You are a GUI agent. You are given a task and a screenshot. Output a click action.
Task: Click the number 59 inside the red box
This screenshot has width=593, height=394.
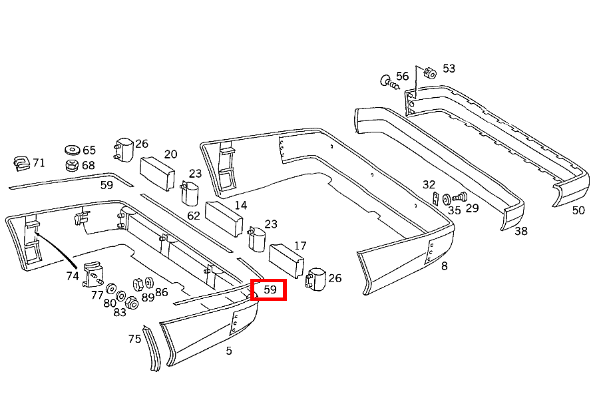270,290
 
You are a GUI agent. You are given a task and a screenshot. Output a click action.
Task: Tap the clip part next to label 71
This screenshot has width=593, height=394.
22,163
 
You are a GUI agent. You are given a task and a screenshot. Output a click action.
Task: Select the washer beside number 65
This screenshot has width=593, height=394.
72,150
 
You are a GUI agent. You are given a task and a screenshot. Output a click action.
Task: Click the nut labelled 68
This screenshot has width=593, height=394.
72,165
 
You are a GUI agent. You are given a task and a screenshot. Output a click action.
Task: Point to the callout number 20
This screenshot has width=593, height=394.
170,154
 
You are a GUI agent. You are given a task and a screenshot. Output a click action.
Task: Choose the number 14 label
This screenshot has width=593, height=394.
240,205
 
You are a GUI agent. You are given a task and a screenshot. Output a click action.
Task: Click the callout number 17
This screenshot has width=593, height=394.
300,246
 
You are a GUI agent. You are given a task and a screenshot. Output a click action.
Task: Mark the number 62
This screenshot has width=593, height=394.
194,216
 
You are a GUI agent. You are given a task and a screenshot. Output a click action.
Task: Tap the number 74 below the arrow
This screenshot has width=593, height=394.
73,276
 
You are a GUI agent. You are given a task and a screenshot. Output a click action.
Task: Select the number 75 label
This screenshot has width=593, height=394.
134,339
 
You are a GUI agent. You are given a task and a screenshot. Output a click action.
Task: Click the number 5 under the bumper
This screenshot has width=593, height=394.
229,351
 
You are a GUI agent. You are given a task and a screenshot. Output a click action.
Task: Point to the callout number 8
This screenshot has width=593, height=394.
445,266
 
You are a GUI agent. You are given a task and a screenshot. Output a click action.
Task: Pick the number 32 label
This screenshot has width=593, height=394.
429,184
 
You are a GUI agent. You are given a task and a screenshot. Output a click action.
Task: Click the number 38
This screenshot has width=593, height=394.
520,231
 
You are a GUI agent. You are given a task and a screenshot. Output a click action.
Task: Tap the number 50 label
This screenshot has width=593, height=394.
578,210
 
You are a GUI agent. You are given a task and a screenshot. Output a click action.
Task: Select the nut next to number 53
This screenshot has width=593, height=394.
430,73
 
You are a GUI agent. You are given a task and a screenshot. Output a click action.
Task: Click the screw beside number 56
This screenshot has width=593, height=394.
389,82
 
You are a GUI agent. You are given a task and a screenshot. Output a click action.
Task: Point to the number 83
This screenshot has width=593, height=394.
120,312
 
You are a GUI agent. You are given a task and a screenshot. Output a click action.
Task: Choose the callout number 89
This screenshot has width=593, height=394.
148,297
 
